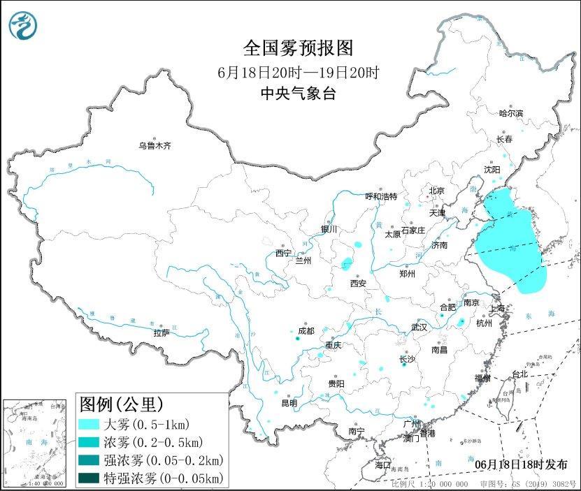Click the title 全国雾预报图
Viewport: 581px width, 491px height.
click(x=299, y=47)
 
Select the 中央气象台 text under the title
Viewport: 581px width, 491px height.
click(x=299, y=93)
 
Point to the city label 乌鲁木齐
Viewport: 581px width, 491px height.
click(x=155, y=146)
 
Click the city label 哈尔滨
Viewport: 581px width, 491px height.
click(x=510, y=113)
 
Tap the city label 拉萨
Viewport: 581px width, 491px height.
click(x=162, y=333)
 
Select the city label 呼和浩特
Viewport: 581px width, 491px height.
click(x=381, y=197)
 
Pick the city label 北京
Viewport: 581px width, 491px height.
click(x=436, y=190)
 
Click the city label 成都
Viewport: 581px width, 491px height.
click(x=306, y=330)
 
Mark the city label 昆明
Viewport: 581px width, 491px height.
click(x=289, y=403)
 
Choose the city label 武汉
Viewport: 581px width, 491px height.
click(x=419, y=326)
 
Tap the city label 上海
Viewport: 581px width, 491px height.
click(x=498, y=308)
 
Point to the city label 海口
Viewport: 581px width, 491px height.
click(x=382, y=464)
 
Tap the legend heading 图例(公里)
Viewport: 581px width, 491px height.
click(x=121, y=404)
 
